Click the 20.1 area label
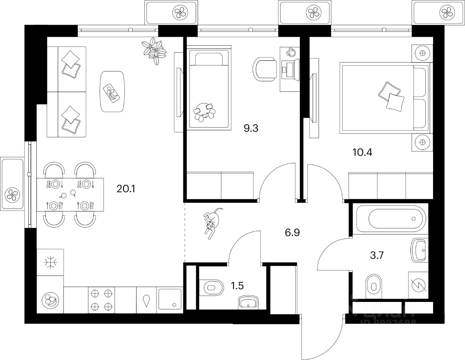click(x=126, y=189)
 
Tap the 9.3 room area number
click(x=251, y=128)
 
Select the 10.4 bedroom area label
click(x=362, y=152)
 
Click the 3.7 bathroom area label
click(x=377, y=255)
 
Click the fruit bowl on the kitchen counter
click(x=50, y=300)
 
